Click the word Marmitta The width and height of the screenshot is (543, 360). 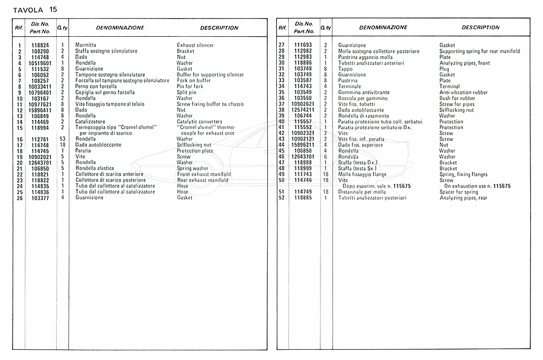86,45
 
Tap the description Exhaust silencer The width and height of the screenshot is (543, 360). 195,45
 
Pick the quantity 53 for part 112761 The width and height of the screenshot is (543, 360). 62,139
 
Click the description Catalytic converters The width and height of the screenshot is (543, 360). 200,122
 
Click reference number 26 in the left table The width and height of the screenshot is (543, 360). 19,197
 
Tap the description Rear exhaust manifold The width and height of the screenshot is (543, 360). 203,180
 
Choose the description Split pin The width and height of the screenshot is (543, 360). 187,92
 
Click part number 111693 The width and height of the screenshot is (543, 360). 302,45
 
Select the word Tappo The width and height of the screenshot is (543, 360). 346,69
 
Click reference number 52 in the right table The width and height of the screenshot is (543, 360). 281,197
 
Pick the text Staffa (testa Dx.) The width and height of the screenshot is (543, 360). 358,162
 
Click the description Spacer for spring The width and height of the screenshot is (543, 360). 459,192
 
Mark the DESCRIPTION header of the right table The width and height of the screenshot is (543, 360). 480,28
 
